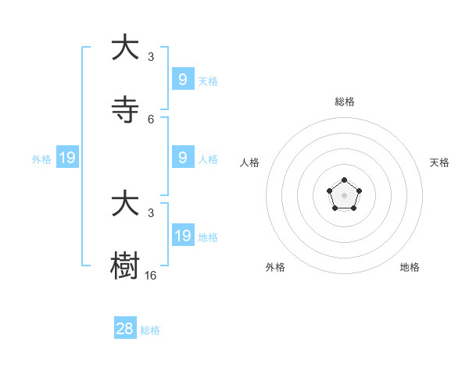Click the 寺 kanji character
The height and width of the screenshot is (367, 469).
(125, 111)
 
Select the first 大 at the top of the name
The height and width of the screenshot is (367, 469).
(125, 48)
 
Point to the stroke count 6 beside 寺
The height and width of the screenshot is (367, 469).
(151, 119)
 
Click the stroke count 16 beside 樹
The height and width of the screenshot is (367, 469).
(151, 276)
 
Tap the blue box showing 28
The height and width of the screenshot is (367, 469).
(125, 329)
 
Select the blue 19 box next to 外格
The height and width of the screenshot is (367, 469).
(66, 159)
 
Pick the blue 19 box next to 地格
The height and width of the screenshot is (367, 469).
(182, 236)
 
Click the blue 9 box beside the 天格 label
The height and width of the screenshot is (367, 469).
(182, 80)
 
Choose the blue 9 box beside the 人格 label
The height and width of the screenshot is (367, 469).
(182, 158)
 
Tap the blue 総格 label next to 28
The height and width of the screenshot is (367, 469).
(150, 330)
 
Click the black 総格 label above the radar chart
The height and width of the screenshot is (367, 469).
(345, 102)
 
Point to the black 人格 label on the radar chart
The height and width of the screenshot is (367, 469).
(250, 162)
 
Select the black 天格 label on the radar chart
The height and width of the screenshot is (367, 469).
(439, 162)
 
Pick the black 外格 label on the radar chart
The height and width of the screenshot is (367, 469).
(275, 267)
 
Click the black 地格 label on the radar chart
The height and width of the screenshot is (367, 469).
(410, 267)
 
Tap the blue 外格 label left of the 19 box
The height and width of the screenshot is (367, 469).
(41, 159)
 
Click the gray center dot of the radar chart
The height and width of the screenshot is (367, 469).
(345, 195)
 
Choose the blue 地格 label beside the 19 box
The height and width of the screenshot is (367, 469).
(208, 237)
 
